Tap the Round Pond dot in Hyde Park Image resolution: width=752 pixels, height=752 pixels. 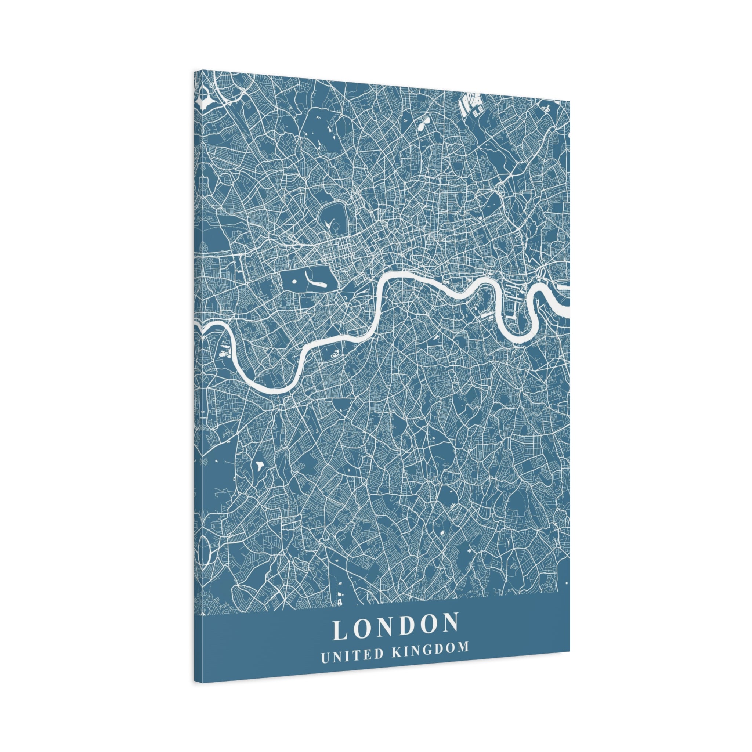click(x=294, y=281)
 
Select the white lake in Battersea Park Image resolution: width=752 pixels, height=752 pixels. click(x=334, y=354)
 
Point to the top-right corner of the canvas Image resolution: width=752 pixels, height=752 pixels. click(x=570, y=101)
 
